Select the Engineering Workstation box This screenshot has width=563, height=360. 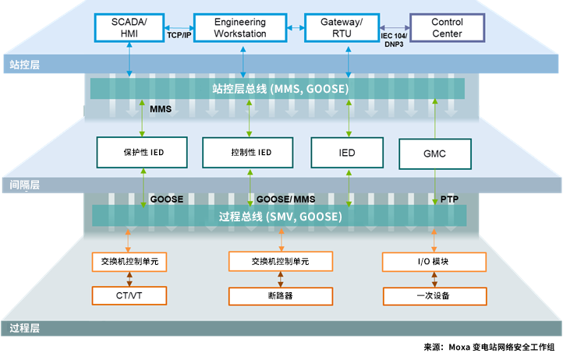click(239, 28)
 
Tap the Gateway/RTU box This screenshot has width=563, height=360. click(347, 28)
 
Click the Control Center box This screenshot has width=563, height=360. click(447, 28)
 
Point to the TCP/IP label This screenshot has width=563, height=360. click(179, 35)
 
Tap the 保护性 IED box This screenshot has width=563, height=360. click(141, 152)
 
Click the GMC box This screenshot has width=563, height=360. click(435, 154)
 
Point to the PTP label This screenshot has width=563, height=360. click(449, 199)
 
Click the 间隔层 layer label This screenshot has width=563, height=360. click(25, 185)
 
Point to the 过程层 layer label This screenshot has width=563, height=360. click(25, 329)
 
